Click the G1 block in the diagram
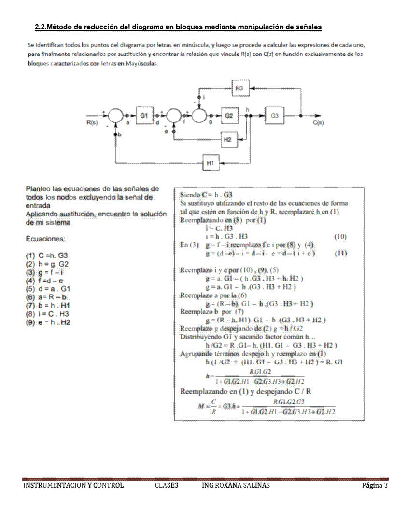pos(143,116)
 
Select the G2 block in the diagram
pos(229,116)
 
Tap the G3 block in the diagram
pos(274,116)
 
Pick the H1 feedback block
pos(210,163)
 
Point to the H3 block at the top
pos(240,89)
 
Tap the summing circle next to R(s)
pos(115,116)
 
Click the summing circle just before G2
pos(200,116)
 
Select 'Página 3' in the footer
pos(375,485)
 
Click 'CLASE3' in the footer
pos(167,485)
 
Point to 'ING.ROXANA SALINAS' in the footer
pos(236,485)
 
